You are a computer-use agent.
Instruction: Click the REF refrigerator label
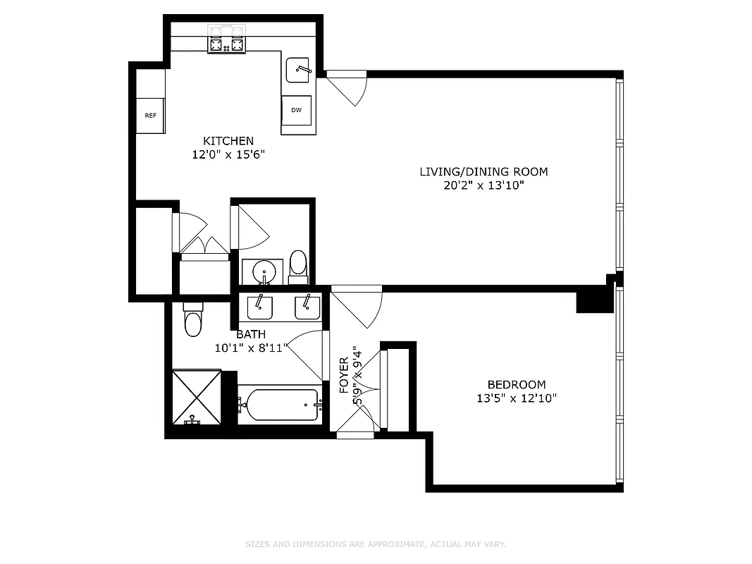point(150,116)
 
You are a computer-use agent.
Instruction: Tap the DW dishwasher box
point(296,110)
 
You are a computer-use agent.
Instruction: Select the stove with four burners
point(227,44)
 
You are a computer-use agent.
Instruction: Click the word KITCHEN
point(228,141)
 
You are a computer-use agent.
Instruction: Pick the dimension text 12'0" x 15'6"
point(228,154)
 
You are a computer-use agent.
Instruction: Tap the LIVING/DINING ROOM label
point(483,171)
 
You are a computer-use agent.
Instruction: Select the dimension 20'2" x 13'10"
point(483,185)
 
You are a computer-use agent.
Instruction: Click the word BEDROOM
point(517,384)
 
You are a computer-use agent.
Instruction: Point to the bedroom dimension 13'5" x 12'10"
point(517,398)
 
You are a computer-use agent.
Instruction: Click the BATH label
point(251,334)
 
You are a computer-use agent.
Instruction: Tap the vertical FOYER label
point(345,375)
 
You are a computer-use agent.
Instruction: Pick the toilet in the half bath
point(299,264)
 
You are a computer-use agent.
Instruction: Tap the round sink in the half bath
point(264,271)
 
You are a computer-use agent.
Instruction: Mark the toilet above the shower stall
point(192,321)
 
